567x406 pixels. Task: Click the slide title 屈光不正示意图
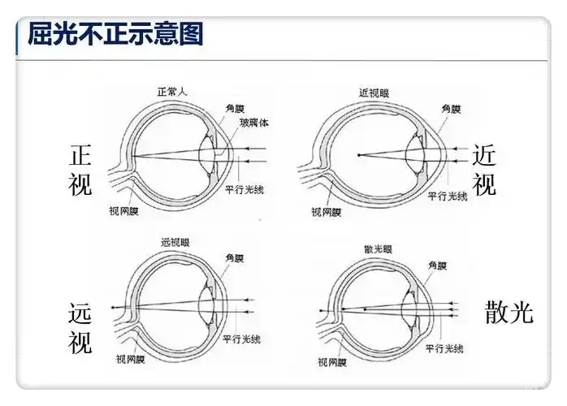[x=115, y=34]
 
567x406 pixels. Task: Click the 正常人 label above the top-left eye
[x=171, y=92]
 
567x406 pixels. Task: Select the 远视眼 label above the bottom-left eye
[x=176, y=242]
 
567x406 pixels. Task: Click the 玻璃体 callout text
[x=253, y=123]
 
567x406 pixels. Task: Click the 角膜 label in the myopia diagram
[x=451, y=107]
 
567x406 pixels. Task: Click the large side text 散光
[x=509, y=312]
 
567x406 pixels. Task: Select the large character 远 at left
[x=81, y=313]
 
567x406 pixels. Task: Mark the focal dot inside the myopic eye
[x=358, y=155]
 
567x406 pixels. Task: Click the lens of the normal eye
[x=209, y=153]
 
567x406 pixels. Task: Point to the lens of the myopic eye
[x=417, y=153]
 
